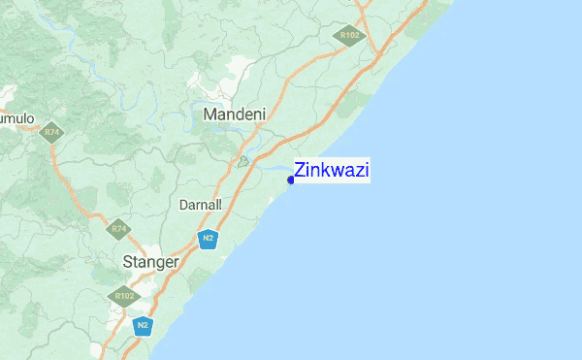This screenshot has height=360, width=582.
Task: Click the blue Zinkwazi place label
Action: click(x=331, y=171)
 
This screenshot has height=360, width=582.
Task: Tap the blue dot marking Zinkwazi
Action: click(x=291, y=180)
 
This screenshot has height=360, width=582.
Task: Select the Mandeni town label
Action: click(x=235, y=115)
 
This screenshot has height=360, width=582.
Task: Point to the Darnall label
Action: click(x=201, y=206)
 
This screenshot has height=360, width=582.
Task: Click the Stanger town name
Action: click(x=150, y=262)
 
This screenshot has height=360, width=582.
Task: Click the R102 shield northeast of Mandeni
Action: click(x=348, y=36)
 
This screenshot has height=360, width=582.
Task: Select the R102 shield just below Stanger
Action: click(x=124, y=296)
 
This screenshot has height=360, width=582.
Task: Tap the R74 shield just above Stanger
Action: click(x=118, y=229)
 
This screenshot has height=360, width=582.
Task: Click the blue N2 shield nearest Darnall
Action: click(x=208, y=239)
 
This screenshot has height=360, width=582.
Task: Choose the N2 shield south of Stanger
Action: click(x=143, y=326)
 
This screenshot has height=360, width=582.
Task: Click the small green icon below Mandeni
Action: click(x=242, y=161)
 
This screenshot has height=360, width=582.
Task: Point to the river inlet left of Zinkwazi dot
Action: click(x=272, y=176)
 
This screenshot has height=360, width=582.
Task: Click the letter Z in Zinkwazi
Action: click(x=301, y=171)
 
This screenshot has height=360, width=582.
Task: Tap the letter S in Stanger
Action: click(x=128, y=262)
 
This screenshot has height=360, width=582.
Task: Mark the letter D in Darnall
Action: click(x=184, y=206)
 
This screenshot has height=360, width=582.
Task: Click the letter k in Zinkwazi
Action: click(x=325, y=171)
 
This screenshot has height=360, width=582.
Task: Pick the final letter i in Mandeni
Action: click(x=264, y=115)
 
